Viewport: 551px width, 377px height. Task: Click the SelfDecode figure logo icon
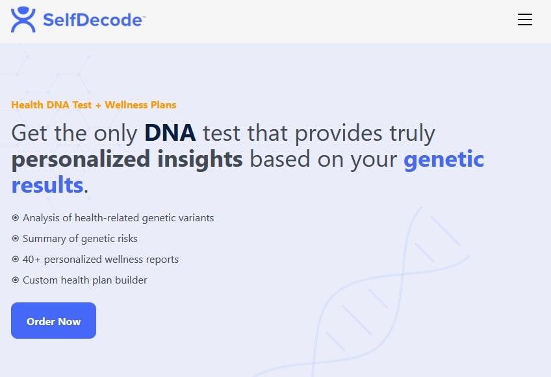point(23,19)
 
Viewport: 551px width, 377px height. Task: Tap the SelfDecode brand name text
point(93,20)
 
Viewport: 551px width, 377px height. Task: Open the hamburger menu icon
point(525,19)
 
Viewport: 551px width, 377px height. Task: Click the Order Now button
point(53,321)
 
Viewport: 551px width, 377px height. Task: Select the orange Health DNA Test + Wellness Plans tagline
point(94,104)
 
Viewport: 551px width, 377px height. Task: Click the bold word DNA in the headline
point(170,133)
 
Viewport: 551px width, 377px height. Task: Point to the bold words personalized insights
point(127,159)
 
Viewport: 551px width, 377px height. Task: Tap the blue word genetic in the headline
point(444,159)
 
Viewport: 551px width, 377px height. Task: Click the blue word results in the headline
point(47,185)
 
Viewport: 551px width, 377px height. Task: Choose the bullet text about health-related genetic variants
point(118,218)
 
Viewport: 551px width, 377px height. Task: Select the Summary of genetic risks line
point(80,239)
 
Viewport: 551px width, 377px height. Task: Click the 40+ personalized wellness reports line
point(101,260)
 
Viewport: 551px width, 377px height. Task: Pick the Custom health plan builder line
point(85,280)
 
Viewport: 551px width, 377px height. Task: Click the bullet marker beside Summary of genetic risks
point(16,239)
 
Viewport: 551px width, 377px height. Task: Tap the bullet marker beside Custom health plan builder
point(16,280)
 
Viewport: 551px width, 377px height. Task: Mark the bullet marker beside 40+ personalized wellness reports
point(16,260)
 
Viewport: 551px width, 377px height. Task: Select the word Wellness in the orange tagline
point(126,104)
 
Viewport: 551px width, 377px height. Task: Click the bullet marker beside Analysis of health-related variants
point(16,218)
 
